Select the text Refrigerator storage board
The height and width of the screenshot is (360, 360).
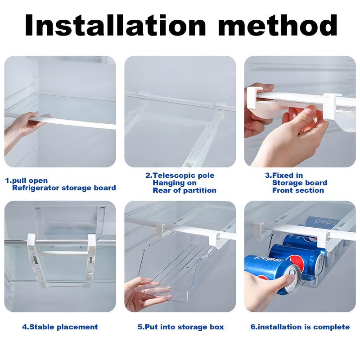click(64, 188)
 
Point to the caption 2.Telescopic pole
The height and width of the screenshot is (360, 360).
click(180, 175)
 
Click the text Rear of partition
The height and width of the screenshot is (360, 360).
click(184, 190)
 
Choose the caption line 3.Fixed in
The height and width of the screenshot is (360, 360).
click(283, 175)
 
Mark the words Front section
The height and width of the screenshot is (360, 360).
click(298, 190)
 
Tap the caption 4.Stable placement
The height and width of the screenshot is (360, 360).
click(60, 327)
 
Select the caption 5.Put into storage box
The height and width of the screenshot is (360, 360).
click(180, 327)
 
